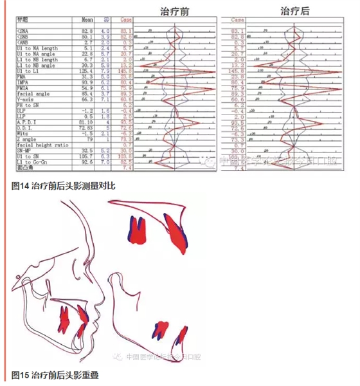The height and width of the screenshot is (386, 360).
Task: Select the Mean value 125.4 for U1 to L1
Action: coord(89,69)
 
